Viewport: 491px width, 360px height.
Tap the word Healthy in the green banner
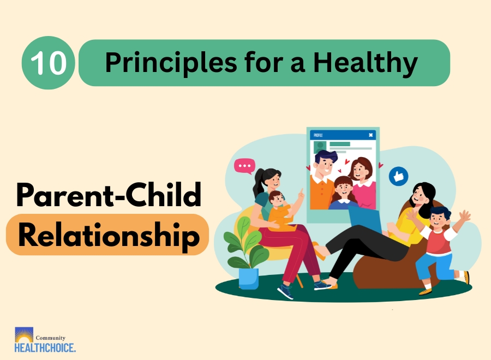pyautogui.click(x=365, y=63)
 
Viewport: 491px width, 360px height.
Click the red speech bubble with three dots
pyautogui.click(x=244, y=166)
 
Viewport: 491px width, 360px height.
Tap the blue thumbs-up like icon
pyautogui.click(x=398, y=176)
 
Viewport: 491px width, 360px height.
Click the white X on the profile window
pyautogui.click(x=370, y=135)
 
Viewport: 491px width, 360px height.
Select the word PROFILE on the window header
pyautogui.click(x=318, y=135)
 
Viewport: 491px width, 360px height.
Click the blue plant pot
pyautogui.click(x=249, y=278)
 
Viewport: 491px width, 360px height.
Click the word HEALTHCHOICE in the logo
pyautogui.click(x=45, y=347)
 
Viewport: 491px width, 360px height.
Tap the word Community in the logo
pyautogui.click(x=50, y=338)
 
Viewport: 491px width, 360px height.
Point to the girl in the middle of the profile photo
pyautogui.click(x=343, y=191)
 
